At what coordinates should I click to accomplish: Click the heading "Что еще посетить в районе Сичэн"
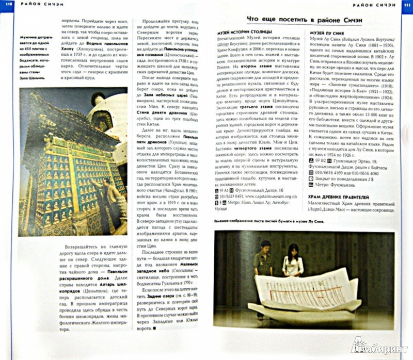click(x=305, y=19)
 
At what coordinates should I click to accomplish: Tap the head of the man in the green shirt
click(x=265, y=247)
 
